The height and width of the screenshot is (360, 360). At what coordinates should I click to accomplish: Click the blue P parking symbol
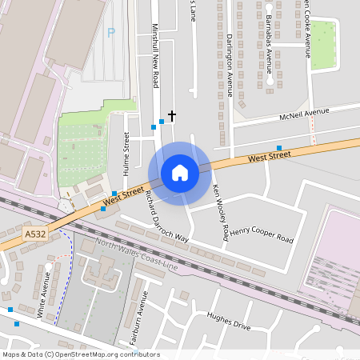111,33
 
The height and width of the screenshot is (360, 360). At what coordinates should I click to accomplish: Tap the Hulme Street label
126,154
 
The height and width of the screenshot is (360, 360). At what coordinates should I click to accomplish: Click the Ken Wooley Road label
221,212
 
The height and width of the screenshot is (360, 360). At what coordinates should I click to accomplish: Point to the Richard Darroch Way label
166,216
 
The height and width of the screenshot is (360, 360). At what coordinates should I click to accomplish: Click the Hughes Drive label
229,321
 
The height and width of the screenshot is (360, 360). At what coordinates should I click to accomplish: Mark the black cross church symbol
171,116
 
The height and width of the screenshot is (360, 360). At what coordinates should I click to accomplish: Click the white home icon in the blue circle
180,173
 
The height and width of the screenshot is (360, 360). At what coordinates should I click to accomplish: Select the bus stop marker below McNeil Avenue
278,148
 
